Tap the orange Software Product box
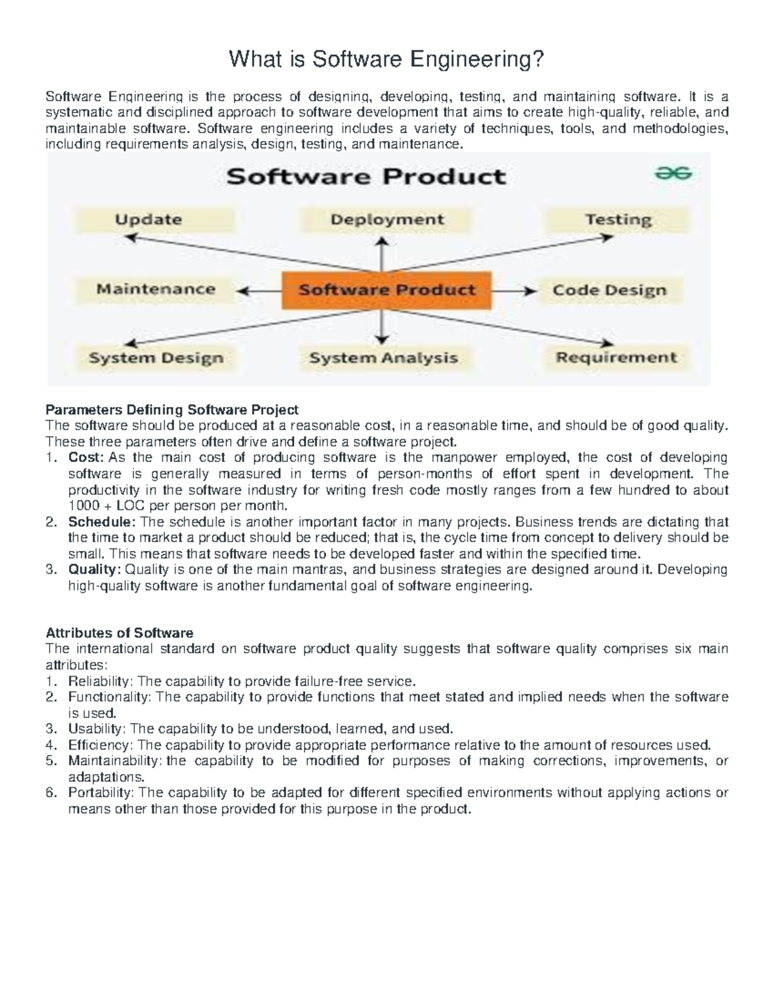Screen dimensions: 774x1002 click(x=386, y=290)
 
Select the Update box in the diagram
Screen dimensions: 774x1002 click(x=148, y=220)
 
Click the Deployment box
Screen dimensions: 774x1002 click(x=387, y=220)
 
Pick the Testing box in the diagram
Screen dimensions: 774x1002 click(x=618, y=220)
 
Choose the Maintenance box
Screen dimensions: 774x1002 click(x=155, y=289)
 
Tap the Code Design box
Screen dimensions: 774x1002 click(x=609, y=290)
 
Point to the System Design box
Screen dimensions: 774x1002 click(x=156, y=358)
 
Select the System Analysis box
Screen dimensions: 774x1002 click(x=384, y=358)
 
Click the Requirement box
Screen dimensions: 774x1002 click(x=617, y=357)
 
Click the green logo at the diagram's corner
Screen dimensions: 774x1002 click(x=675, y=174)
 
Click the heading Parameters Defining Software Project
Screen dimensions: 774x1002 click(x=172, y=410)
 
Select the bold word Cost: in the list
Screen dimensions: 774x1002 click(x=86, y=457)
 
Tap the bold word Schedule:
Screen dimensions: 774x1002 click(x=102, y=521)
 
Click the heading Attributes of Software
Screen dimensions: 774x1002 click(x=119, y=632)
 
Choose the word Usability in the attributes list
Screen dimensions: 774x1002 click(x=95, y=728)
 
